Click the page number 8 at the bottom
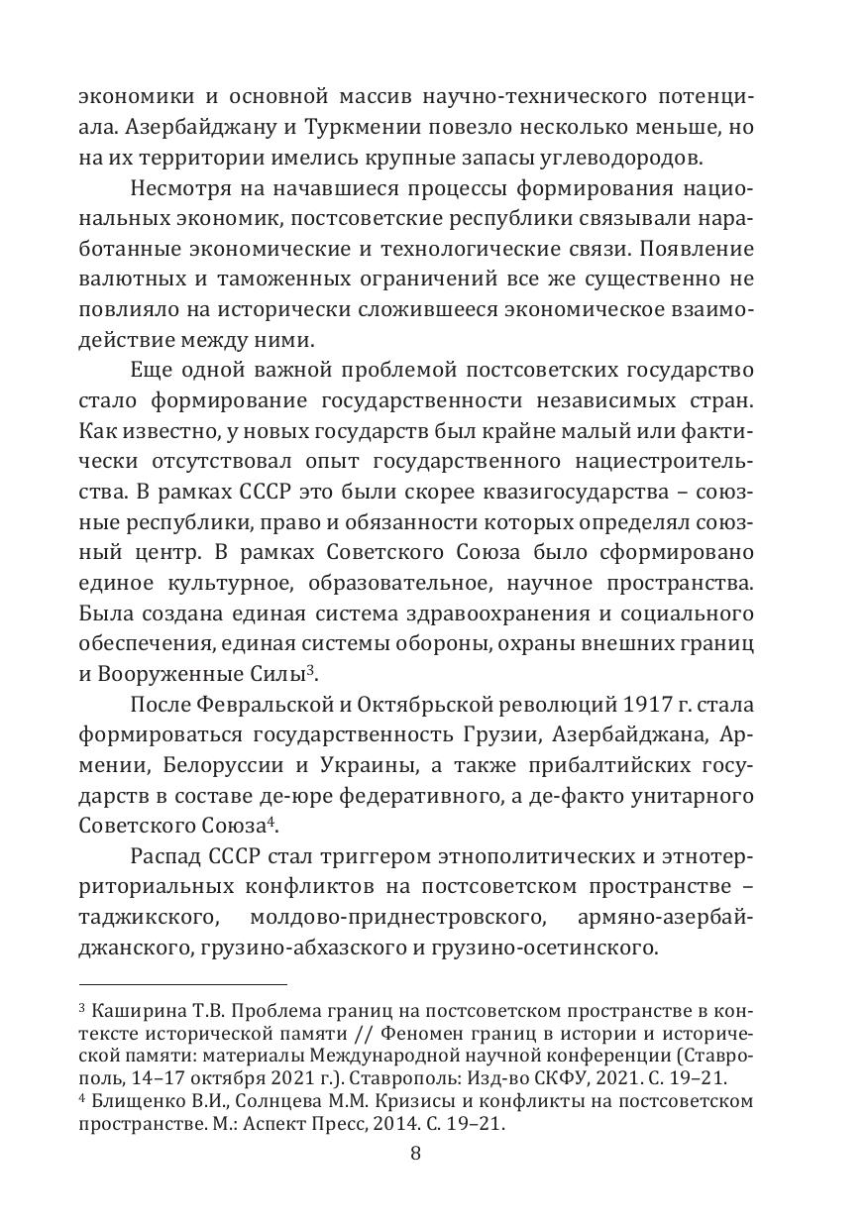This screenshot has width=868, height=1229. [416, 1154]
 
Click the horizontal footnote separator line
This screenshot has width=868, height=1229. [182, 984]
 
